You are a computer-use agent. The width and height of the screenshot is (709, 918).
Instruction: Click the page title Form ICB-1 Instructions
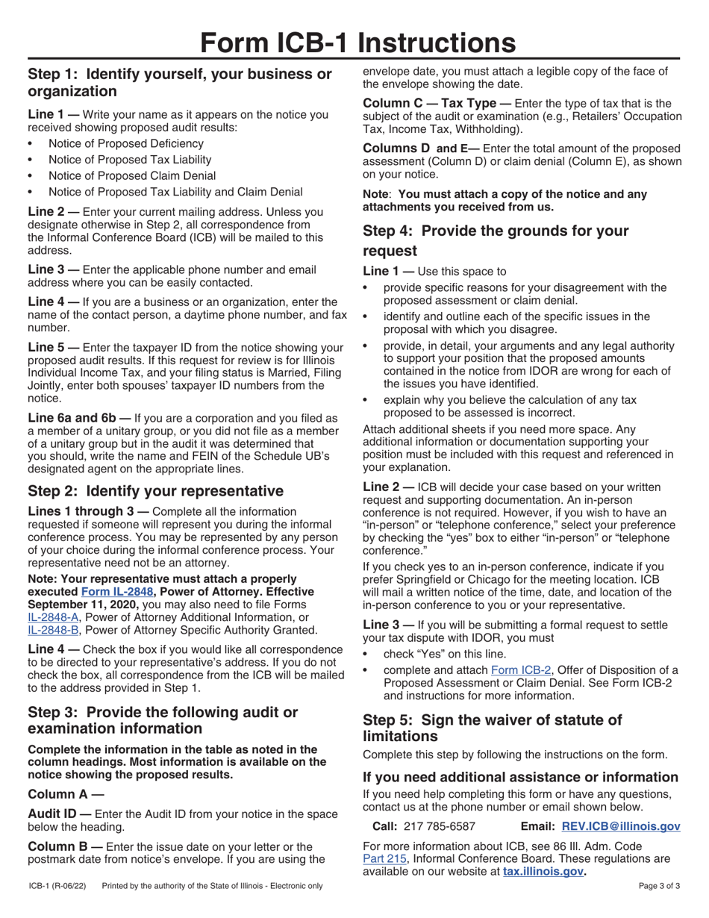[x=354, y=43]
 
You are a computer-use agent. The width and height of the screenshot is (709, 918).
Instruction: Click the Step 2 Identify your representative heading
[x=155, y=490]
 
